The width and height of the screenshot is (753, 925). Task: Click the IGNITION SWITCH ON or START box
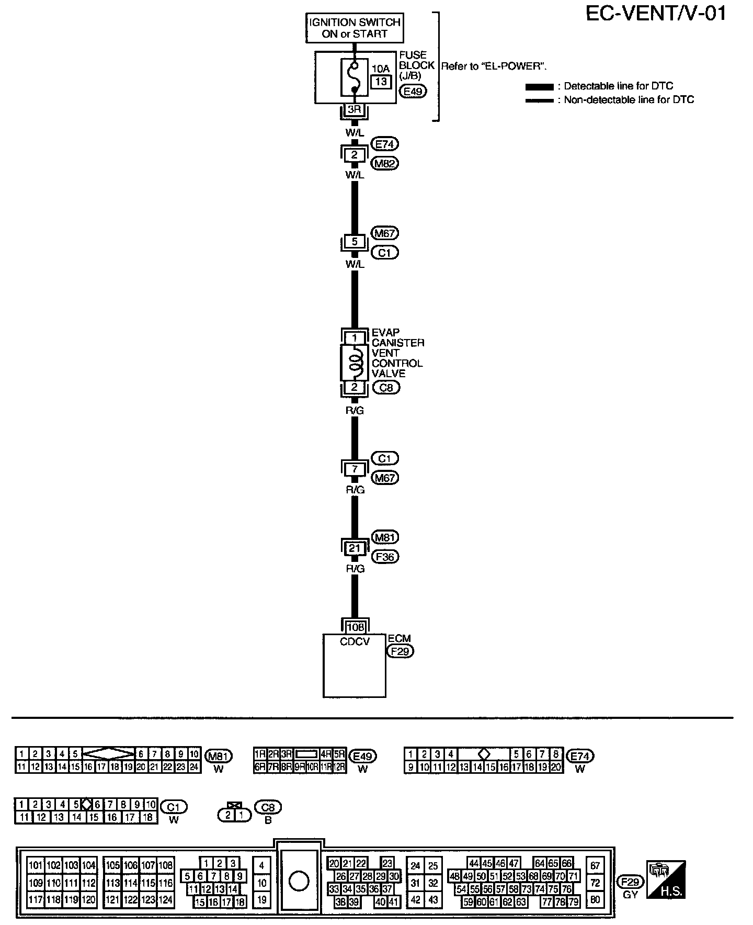pos(355,28)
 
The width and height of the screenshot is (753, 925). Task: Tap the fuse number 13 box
pos(381,82)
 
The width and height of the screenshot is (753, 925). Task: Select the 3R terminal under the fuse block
pos(355,110)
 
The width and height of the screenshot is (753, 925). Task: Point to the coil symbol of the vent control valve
pos(355,363)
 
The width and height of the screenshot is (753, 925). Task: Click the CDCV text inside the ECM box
pos(355,641)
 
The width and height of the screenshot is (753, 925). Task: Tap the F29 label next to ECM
pos(400,651)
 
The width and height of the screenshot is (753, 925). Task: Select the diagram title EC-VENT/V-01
pos(656,14)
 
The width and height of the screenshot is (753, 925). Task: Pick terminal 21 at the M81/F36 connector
pos(355,548)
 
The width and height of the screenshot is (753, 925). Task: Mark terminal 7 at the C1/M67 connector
pos(355,469)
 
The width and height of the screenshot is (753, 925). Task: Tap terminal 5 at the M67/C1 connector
pos(355,242)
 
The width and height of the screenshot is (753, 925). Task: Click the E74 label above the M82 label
pos(384,144)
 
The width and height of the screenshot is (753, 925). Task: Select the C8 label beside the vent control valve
pos(386,388)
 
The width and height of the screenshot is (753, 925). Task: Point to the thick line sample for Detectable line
pos(539,86)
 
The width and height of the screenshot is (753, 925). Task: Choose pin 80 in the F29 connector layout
pos(595,900)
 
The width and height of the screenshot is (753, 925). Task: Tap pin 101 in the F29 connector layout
pos(36,865)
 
